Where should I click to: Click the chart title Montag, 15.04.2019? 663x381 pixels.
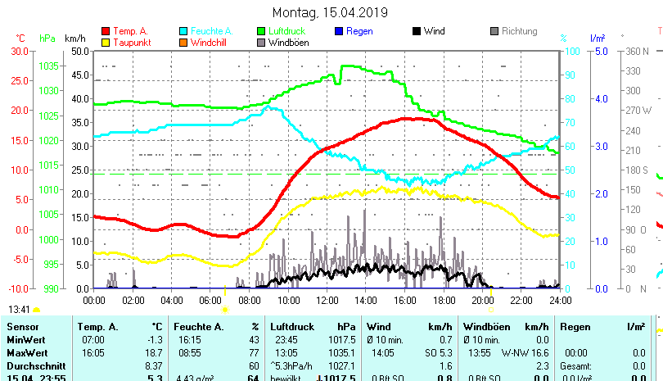pyautogui.click(x=330, y=12)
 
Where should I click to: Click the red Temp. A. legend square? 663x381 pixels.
pyautogui.click(x=105, y=32)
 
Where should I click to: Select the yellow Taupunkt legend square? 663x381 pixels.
pyautogui.click(x=105, y=43)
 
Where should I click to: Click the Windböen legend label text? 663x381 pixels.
pyautogui.click(x=288, y=43)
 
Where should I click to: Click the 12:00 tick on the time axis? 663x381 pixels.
pyautogui.click(x=327, y=301)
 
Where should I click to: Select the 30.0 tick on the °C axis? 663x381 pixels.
pyautogui.click(x=19, y=51)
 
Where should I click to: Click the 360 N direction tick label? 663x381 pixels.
pyautogui.click(x=638, y=51)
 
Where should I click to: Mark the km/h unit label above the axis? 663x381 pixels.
pyautogui.click(x=74, y=39)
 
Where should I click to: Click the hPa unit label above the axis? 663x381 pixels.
pyautogui.click(x=47, y=39)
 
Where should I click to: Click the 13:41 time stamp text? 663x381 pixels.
pyautogui.click(x=19, y=310)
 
